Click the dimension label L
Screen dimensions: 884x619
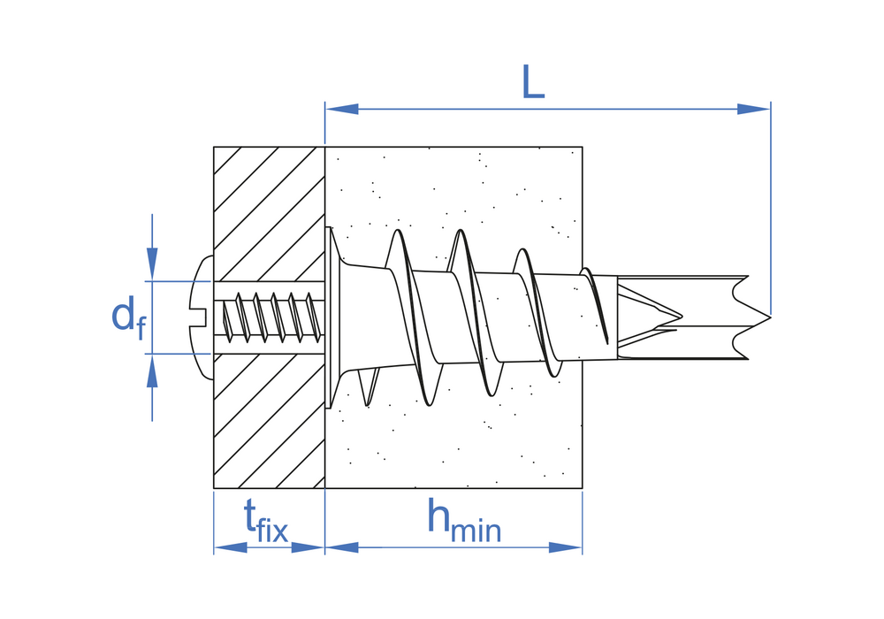pos(533,82)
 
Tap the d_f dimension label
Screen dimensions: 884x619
pos(129,317)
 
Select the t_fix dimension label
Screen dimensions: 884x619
pos(265,522)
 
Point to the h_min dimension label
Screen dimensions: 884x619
pos(463,521)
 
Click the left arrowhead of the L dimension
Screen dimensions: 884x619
pos(341,109)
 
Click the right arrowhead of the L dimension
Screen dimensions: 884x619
pos(754,109)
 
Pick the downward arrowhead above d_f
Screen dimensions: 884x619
pos(152,264)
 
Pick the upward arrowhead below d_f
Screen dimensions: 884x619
pos(152,371)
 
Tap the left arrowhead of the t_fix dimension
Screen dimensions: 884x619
pos(230,546)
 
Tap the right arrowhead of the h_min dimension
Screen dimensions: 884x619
pos(566,546)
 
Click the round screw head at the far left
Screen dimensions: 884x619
pos(202,317)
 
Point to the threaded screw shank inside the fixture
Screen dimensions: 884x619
pos(269,317)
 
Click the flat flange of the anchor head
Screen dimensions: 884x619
pos(328,317)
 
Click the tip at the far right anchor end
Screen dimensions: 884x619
pos(769,317)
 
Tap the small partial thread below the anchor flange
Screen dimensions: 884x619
pos(369,387)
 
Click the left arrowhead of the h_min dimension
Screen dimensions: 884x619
pos(341,546)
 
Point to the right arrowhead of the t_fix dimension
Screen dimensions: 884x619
pos(308,546)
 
